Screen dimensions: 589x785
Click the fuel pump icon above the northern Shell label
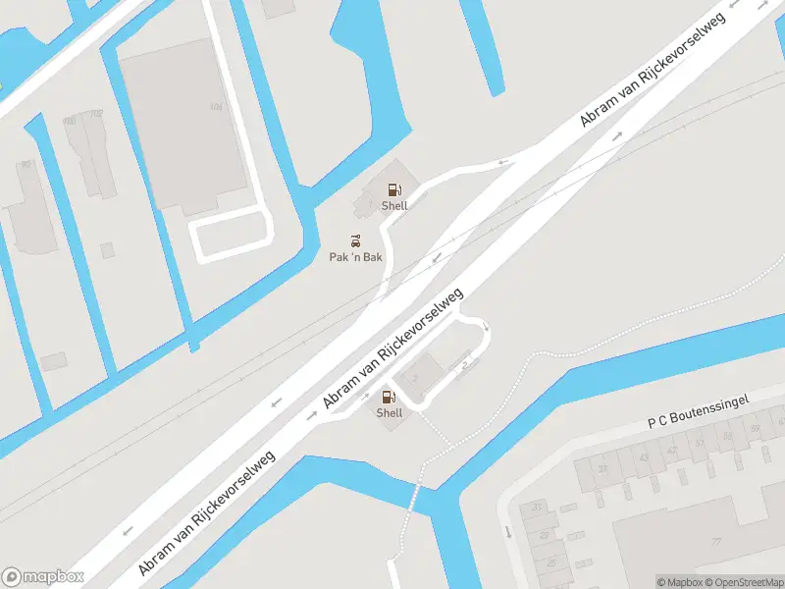coord(393,189)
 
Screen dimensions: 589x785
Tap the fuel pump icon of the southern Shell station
coord(389,397)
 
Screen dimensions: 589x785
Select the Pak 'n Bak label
coord(355,257)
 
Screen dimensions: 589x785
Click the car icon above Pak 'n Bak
coord(355,241)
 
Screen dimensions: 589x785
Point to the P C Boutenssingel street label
coord(699,411)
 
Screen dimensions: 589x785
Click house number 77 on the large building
coord(716,541)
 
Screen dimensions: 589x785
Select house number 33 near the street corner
coord(537,508)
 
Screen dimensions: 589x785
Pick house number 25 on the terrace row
coord(550,562)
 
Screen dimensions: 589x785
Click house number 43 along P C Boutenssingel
coord(645,456)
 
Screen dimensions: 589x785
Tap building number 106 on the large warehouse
coord(216,107)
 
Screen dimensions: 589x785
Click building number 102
coord(96,114)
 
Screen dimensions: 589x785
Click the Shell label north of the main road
coord(394,206)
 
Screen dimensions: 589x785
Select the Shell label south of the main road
coord(390,413)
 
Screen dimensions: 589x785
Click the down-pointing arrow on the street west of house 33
coord(508,532)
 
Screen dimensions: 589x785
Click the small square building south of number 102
coord(107,250)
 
